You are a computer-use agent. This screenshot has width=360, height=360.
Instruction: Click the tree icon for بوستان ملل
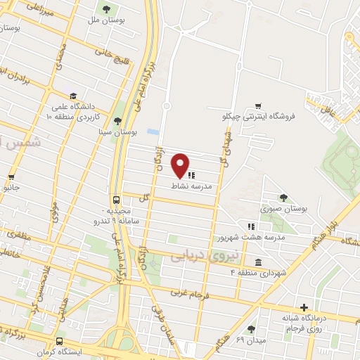click(106, 9)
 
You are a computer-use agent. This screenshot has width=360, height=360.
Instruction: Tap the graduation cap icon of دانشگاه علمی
click(72, 96)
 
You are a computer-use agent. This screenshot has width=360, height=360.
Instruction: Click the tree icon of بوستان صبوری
click(283, 198)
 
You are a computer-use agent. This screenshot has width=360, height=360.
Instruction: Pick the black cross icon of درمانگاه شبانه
click(304, 307)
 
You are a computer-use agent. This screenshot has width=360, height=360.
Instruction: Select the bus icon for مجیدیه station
click(116, 200)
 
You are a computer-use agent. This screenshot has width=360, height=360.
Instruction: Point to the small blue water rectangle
click(153, 131)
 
